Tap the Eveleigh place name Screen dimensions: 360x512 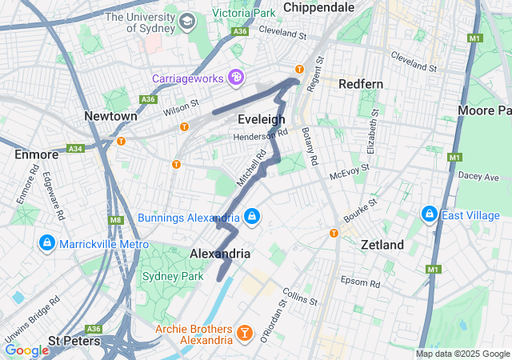click(262, 119)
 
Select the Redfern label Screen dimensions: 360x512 click(361, 84)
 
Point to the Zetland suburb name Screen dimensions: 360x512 click(382, 245)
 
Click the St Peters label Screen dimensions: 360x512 click(74, 341)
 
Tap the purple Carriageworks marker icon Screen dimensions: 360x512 click(236, 78)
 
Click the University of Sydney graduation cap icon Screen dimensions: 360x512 click(187, 20)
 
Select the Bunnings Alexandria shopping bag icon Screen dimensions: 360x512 click(252, 217)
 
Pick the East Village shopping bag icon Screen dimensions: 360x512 click(429, 214)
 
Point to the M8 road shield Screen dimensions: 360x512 click(115, 219)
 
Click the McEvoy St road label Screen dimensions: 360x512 click(350, 170)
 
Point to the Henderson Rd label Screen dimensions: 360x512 click(259, 137)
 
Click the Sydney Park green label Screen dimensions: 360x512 click(169, 276)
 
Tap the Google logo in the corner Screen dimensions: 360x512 click(26, 350)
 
